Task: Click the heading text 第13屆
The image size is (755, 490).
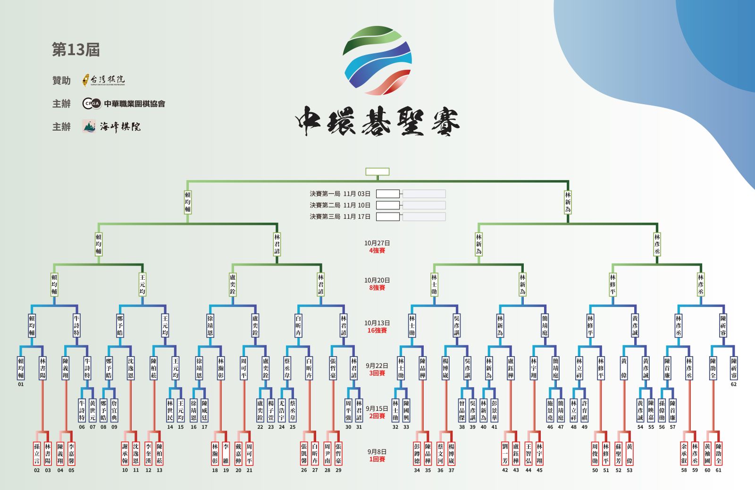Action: [x=75, y=50]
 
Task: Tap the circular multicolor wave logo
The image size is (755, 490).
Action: [x=377, y=60]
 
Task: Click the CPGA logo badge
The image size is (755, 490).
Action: [x=92, y=104]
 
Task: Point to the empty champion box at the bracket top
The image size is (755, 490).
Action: [x=377, y=172]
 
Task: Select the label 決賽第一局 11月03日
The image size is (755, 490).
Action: [x=340, y=194]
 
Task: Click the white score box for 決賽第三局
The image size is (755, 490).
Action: [x=388, y=216]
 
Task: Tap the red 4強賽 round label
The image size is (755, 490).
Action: [x=377, y=250]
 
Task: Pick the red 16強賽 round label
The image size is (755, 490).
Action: [x=377, y=331]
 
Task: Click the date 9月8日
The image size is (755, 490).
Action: [x=377, y=452]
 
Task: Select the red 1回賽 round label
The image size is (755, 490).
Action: [x=377, y=459]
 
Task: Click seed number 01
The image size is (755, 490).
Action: [x=21, y=384]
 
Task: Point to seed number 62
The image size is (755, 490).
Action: [x=734, y=384]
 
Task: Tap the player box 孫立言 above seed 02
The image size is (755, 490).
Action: [x=37, y=453]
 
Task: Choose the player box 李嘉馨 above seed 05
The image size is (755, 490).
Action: [x=71, y=453]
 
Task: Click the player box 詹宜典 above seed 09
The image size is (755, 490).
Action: [x=114, y=410]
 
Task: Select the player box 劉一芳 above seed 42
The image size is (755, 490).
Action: [x=505, y=453]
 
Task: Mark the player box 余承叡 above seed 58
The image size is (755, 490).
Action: [x=684, y=453]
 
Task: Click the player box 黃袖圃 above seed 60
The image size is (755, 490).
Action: [x=707, y=453]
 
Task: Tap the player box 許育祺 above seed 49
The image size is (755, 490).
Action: [x=585, y=410]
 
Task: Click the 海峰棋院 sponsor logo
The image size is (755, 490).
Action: [x=112, y=126]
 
